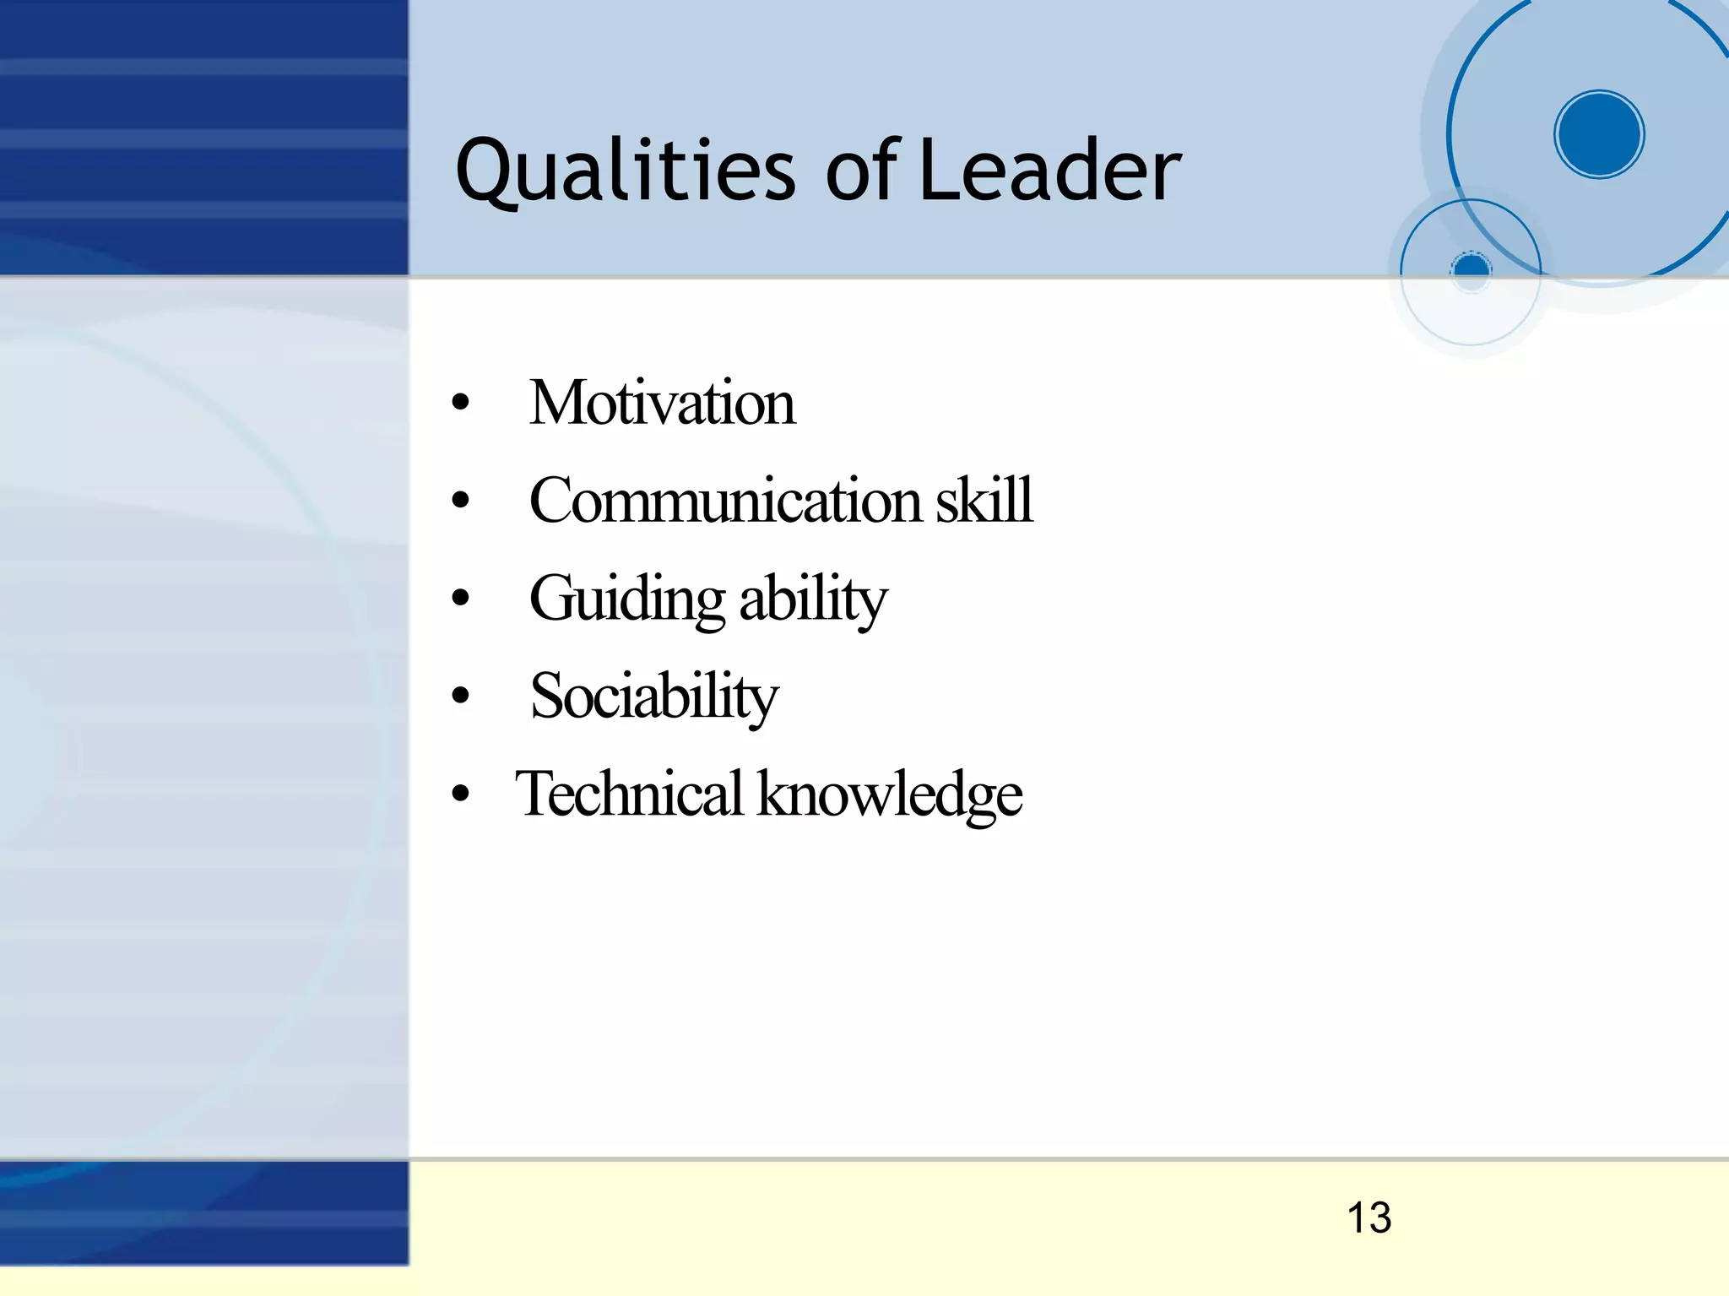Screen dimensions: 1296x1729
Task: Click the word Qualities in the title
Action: point(625,171)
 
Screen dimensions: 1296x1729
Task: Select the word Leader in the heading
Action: point(1049,171)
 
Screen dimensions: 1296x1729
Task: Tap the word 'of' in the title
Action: point(862,171)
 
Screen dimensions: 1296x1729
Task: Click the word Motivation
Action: point(662,403)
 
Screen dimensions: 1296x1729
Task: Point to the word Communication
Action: point(725,500)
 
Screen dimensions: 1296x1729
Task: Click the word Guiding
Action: point(626,599)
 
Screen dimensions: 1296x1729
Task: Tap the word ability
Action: point(813,599)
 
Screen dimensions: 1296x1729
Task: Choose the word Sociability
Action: point(654,697)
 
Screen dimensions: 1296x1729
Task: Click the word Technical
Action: point(630,794)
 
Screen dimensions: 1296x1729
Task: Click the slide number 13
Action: point(1369,1217)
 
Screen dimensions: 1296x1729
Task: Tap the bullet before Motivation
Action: point(460,403)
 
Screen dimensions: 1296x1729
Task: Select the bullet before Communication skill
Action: point(460,501)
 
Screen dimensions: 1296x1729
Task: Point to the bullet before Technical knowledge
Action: point(460,794)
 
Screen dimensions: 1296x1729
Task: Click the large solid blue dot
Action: point(1599,134)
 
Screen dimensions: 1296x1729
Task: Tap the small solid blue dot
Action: point(1472,269)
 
